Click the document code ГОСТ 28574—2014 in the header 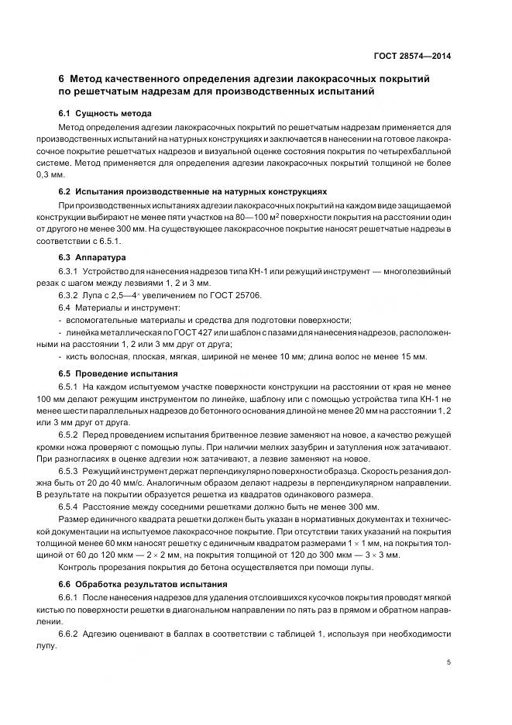[x=413, y=57]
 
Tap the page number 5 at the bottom [x=450, y=662]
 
